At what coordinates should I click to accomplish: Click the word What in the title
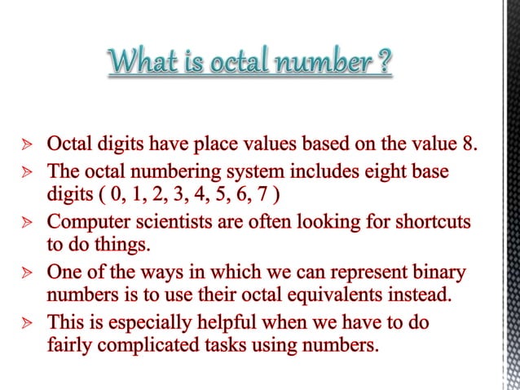(x=143, y=62)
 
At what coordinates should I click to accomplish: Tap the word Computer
(x=87, y=223)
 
